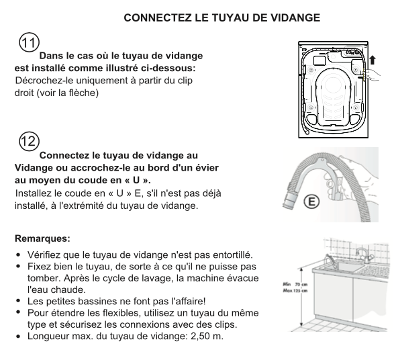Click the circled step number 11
[29, 42]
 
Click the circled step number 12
[29, 141]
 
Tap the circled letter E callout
[311, 201]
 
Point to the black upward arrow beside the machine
[372, 60]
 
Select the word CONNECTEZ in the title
[158, 17]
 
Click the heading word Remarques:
[42, 238]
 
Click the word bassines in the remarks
[98, 302]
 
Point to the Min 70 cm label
[295, 284]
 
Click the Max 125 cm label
[295, 290]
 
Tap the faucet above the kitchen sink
[364, 255]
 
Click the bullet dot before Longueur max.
[17, 336]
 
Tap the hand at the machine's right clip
[372, 75]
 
